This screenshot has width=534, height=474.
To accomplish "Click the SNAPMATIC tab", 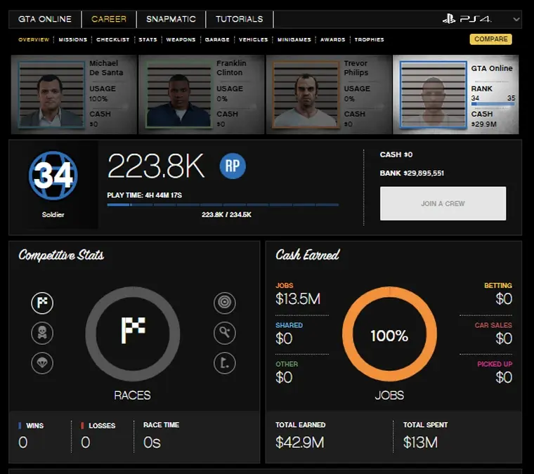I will tap(171, 19).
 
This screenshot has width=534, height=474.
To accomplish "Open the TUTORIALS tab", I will tap(239, 19).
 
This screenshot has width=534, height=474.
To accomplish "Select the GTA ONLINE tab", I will tap(46, 19).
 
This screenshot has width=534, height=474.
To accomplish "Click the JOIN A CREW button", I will tap(443, 204).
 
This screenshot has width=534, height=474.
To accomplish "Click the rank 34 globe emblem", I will tap(53, 175).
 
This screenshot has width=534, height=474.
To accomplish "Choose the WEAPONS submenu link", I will tap(181, 40).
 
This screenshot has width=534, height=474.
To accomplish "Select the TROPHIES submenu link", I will tap(369, 40).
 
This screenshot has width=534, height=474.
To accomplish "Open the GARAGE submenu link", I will tap(217, 40).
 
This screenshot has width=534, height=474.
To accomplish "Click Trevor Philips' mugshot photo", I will tap(305, 95).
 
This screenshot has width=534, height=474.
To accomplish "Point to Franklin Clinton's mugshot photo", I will tap(178, 95).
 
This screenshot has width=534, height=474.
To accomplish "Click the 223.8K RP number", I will tap(156, 166).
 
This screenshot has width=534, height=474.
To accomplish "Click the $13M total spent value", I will tap(420, 442).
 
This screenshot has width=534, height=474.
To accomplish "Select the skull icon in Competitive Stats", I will tap(42, 333).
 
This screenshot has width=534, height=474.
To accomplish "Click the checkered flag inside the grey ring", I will tap(133, 330).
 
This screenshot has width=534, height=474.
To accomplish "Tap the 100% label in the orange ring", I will tap(389, 336).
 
